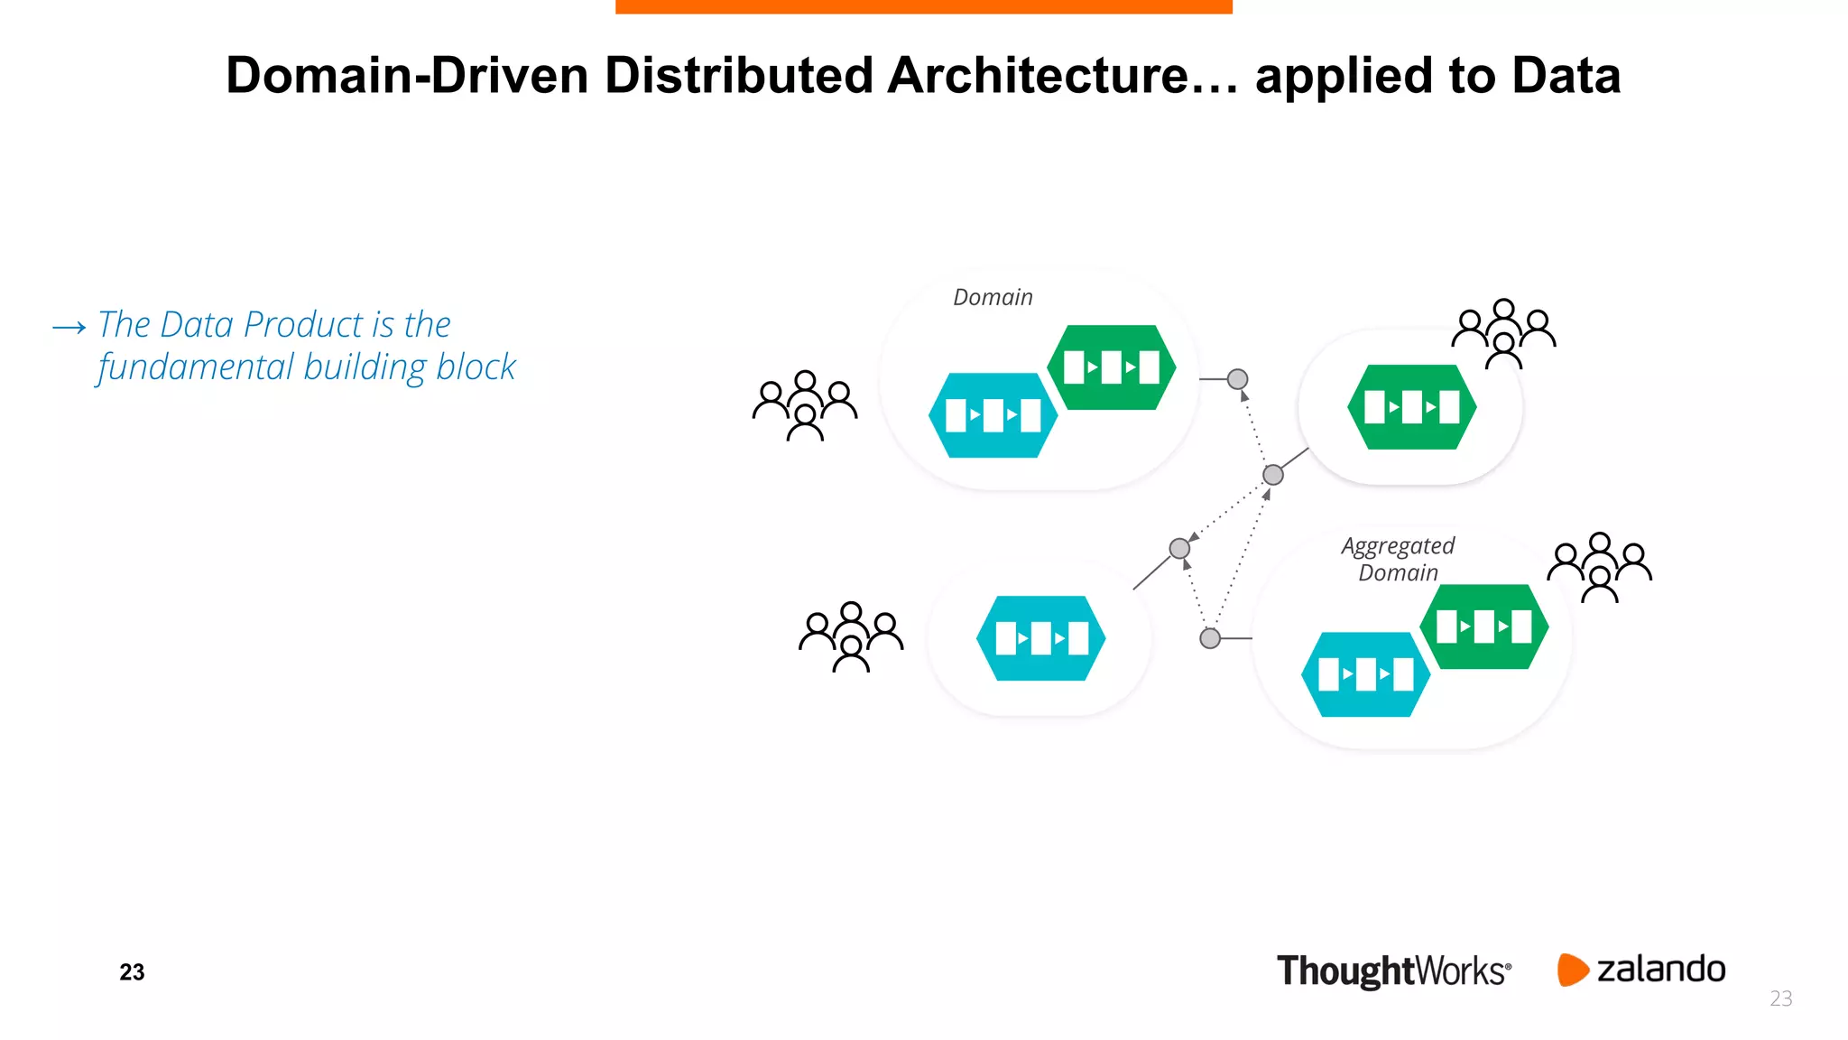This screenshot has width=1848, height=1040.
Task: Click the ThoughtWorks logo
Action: [x=1392, y=971]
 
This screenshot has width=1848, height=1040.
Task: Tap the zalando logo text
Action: [x=1660, y=970]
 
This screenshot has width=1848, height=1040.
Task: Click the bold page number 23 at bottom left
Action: [x=132, y=972]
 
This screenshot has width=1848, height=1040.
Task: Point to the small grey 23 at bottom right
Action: [x=1780, y=998]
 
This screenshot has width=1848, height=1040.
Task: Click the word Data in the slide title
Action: [x=1566, y=76]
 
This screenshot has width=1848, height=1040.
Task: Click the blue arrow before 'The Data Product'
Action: [x=69, y=327]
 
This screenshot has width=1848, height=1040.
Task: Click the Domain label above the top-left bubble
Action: [x=993, y=297]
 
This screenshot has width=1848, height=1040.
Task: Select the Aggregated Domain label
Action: [x=1398, y=559]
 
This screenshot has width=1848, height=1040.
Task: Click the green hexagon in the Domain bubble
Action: [x=1111, y=367]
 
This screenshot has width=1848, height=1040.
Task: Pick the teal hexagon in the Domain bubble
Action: [x=993, y=415]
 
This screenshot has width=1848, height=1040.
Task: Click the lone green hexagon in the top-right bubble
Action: [x=1411, y=407]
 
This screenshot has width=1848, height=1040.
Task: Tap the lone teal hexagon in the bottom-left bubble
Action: [x=1040, y=638]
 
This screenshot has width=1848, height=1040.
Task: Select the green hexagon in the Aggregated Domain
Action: [x=1483, y=627]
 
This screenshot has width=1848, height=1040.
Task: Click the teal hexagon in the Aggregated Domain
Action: [x=1365, y=674]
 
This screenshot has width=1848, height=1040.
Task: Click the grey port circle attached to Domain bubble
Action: [x=1238, y=379]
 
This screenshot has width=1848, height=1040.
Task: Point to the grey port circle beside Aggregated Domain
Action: [x=1210, y=638]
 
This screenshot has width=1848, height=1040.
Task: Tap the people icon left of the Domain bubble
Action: [x=805, y=405]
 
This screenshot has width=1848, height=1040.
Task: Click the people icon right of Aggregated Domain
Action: [x=1599, y=567]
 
